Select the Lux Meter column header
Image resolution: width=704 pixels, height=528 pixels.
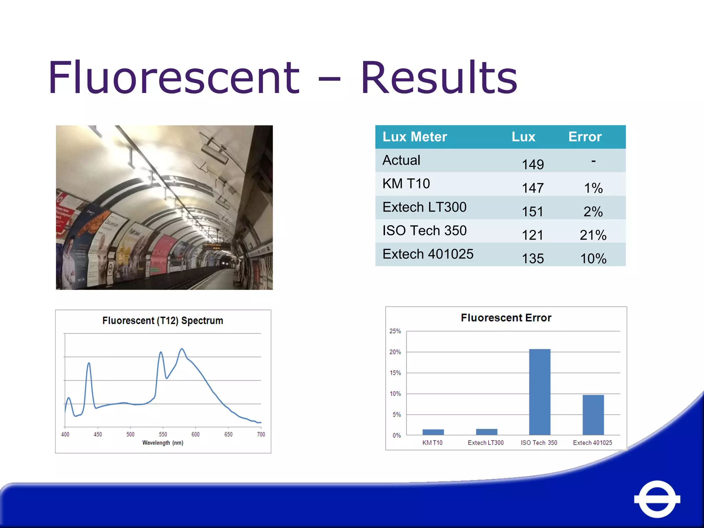point(415,137)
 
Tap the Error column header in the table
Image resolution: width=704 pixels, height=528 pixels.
point(585,137)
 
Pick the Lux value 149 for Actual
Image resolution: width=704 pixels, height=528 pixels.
point(532,164)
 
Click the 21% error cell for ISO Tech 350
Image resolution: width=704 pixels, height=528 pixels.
point(593,235)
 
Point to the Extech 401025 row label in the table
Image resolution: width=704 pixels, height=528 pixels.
point(428,254)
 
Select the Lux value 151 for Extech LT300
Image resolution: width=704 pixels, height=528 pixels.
point(532,211)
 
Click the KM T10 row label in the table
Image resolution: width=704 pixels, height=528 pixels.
point(406,184)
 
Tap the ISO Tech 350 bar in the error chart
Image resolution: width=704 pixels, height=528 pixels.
point(539,392)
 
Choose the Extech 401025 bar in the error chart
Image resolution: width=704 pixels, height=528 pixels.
point(593,415)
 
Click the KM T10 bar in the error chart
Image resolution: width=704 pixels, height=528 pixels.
point(433,432)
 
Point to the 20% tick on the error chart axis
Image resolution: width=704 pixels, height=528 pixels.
point(395,352)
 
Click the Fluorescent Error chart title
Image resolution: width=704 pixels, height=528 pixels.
point(506,318)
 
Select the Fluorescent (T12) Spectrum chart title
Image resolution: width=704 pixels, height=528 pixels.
point(163,321)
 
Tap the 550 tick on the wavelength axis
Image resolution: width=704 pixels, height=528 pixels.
point(163,434)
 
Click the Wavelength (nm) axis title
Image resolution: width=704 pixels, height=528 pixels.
point(163,443)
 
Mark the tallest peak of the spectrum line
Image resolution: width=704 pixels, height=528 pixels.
point(182,349)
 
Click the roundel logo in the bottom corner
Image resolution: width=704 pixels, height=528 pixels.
point(657,499)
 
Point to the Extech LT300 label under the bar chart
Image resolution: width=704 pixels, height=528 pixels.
point(485,443)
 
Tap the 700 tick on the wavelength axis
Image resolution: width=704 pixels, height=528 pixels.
point(261,434)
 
